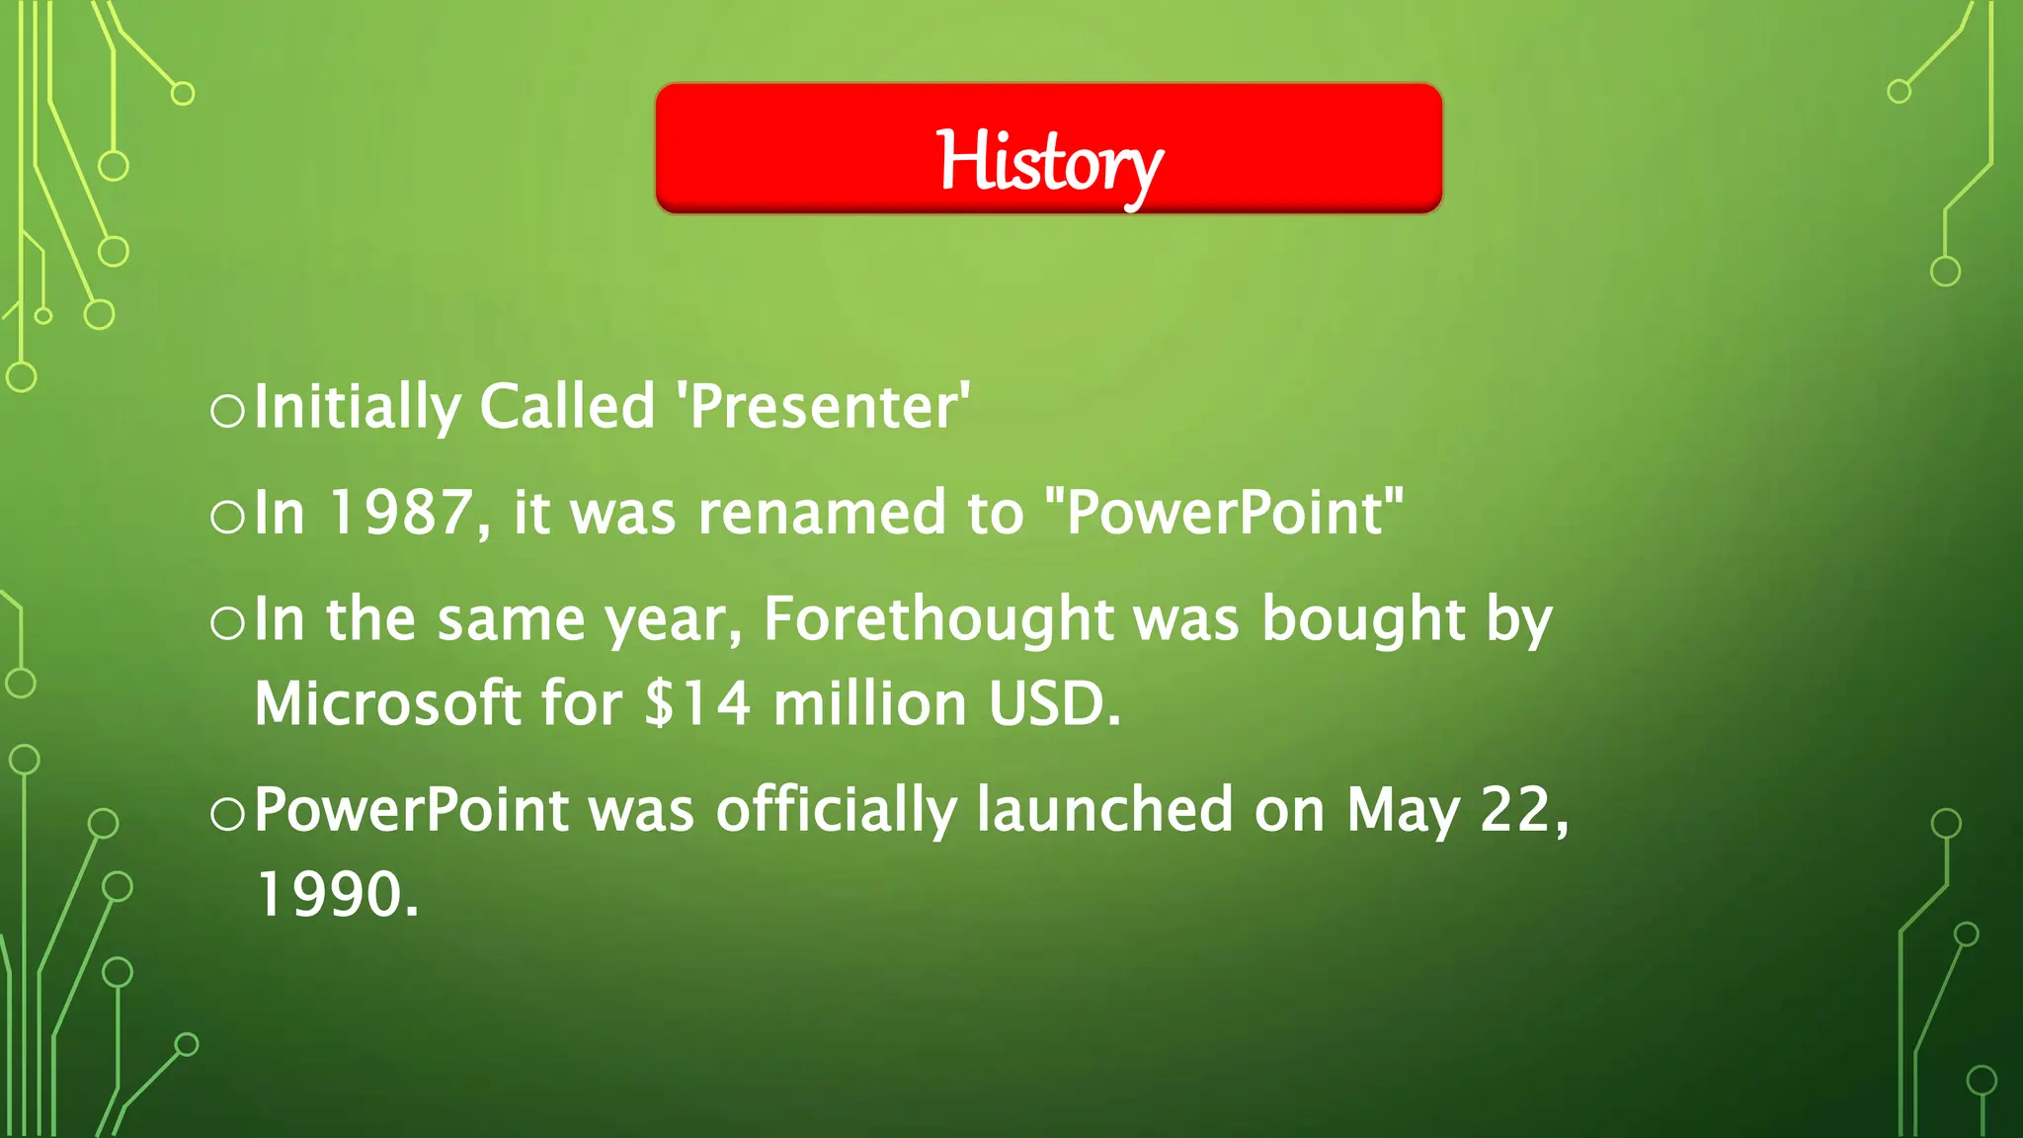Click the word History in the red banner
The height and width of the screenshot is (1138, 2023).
click(x=1049, y=162)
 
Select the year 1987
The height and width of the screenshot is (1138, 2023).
click(x=400, y=513)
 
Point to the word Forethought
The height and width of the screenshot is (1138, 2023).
click(x=938, y=619)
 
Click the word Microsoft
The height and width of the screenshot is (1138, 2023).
click(x=386, y=704)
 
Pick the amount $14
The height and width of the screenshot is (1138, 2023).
click(x=697, y=704)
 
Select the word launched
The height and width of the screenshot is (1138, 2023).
click(x=1104, y=810)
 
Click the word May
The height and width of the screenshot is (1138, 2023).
click(x=1402, y=812)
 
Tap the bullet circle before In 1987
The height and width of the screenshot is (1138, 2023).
click(x=228, y=517)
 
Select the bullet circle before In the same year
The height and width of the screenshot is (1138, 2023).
click(x=228, y=623)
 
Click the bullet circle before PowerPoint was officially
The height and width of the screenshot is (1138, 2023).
click(x=228, y=814)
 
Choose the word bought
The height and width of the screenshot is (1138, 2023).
click(x=1363, y=619)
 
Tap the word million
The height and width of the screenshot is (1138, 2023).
click(x=869, y=704)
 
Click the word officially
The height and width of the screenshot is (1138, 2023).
click(x=836, y=812)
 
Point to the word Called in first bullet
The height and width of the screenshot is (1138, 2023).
click(x=567, y=406)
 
